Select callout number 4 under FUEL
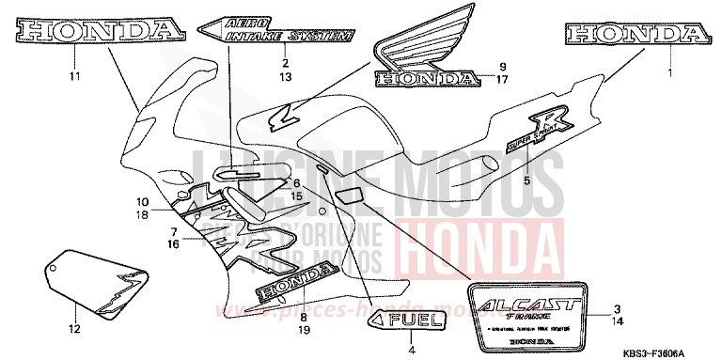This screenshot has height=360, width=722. click(411, 350)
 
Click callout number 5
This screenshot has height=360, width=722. click(552, 180)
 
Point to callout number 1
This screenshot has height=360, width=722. click(669, 72)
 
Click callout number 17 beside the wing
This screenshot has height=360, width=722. click(502, 80)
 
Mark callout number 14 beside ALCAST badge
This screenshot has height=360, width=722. click(617, 322)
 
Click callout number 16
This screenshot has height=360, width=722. click(173, 243)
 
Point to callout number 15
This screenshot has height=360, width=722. click(295, 196)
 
